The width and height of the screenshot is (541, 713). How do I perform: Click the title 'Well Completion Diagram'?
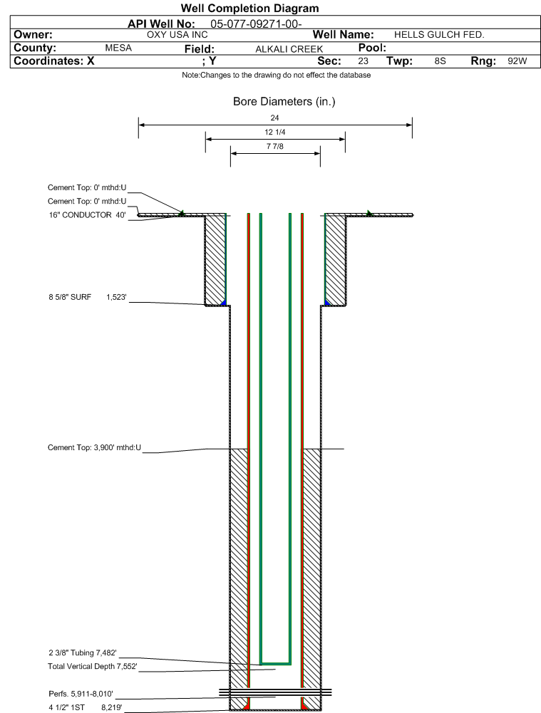[x=249, y=8]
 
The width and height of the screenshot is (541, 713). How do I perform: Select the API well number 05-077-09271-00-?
[x=256, y=24]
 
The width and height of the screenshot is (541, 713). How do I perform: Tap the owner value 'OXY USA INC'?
[x=177, y=35]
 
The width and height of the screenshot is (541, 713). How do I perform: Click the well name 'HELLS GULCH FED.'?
[x=439, y=35]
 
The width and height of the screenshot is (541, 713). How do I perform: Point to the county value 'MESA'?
[x=118, y=48]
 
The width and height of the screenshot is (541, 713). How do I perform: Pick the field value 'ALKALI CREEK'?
[x=289, y=49]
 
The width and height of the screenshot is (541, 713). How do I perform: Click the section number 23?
[x=363, y=61]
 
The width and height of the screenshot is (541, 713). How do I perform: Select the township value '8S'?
[x=440, y=61]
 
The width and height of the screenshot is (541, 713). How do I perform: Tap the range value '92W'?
[x=517, y=61]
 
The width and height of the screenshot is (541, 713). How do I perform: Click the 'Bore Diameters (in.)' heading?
[x=284, y=101]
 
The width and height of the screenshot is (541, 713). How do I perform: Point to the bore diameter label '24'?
[x=274, y=118]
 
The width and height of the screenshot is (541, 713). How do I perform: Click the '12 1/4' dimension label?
[x=275, y=132]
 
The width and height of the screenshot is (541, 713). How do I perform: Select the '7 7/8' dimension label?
[x=275, y=146]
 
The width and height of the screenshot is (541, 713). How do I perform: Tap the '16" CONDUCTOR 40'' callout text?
[x=88, y=214]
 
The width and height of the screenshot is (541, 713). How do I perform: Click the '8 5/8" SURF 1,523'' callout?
[x=88, y=297]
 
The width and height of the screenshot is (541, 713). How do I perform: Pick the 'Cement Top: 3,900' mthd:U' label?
[x=94, y=447]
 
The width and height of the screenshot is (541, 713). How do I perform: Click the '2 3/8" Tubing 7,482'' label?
[x=83, y=652]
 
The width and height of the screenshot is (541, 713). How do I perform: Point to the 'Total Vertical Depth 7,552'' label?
[x=93, y=666]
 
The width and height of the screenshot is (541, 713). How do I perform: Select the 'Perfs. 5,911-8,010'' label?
[x=81, y=694]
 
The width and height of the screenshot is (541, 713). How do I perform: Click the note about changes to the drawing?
[x=276, y=75]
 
